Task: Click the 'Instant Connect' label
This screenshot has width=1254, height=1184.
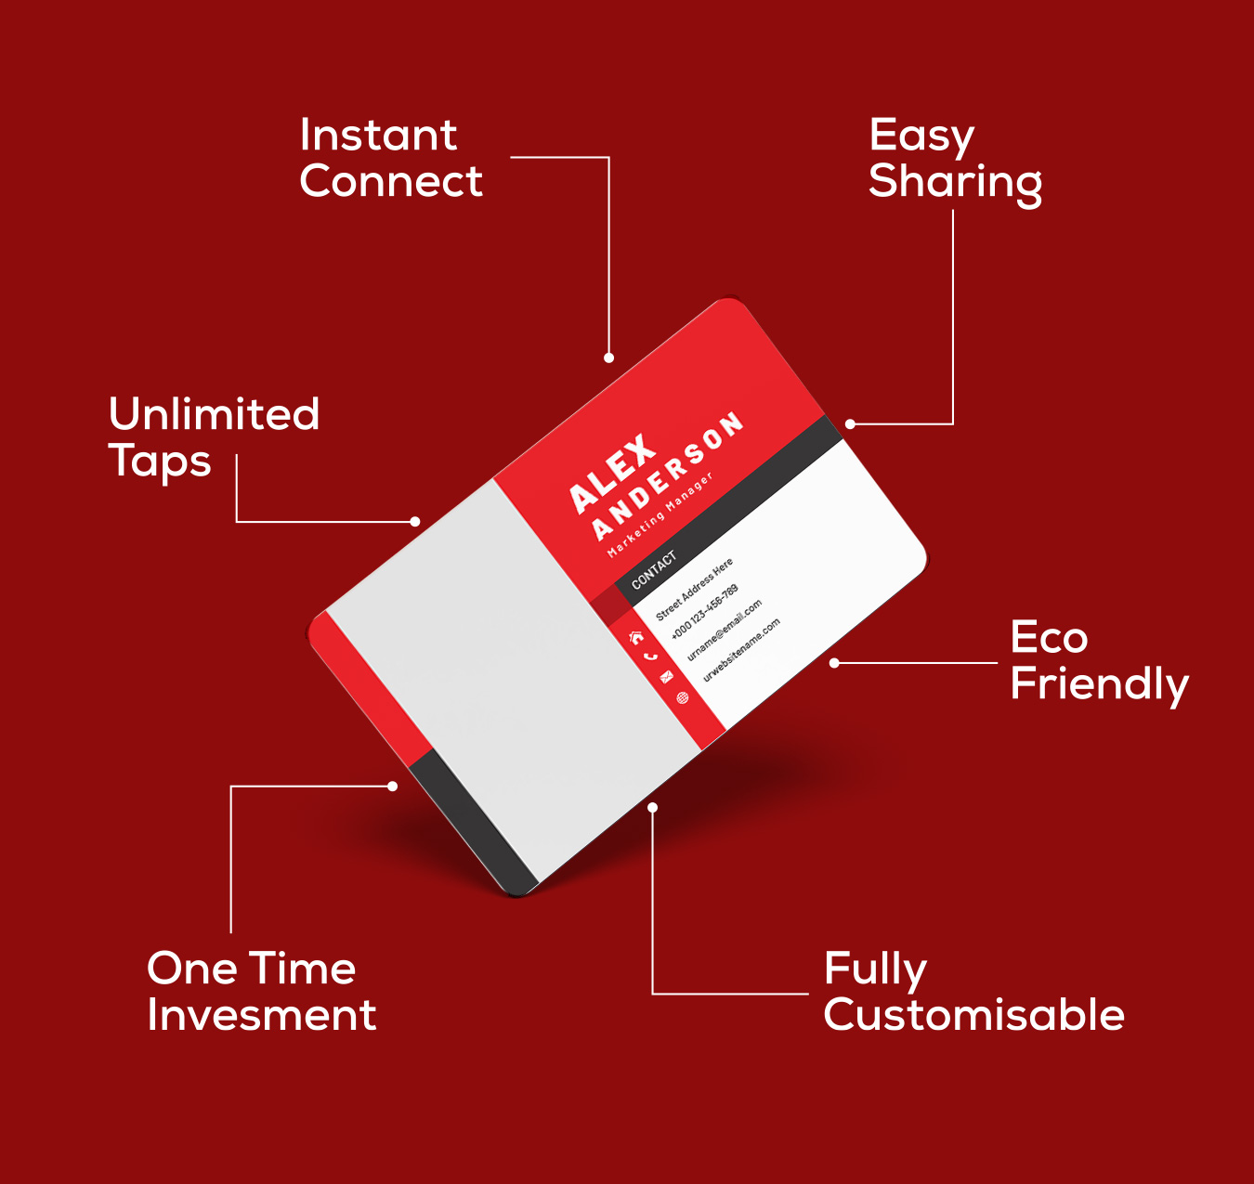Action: [x=391, y=158]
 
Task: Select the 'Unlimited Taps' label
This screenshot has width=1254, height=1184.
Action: [x=214, y=437]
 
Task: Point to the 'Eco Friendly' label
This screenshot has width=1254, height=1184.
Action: [x=1099, y=662]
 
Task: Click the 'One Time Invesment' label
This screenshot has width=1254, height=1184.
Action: [x=261, y=991]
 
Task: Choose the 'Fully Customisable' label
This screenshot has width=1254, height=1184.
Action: [x=973, y=993]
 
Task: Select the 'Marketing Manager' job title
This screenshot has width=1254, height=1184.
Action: [x=660, y=514]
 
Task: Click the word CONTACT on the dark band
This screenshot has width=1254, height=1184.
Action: [x=654, y=569]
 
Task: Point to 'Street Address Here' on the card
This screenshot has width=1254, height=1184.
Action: [x=694, y=589]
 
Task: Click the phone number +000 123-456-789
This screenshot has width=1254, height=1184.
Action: [x=704, y=611]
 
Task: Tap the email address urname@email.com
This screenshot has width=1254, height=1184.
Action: [x=725, y=630]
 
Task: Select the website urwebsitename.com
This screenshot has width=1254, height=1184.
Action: [x=741, y=650]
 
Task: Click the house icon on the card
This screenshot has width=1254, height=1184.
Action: [x=636, y=638]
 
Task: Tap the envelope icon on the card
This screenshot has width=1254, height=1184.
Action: [x=667, y=678]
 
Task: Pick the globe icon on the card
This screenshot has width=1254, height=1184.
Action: [x=683, y=697]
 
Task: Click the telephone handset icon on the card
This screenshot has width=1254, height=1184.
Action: [x=651, y=657]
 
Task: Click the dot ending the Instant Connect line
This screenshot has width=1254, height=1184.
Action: [x=608, y=358]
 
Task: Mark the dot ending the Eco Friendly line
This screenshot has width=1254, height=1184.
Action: [x=834, y=663]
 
